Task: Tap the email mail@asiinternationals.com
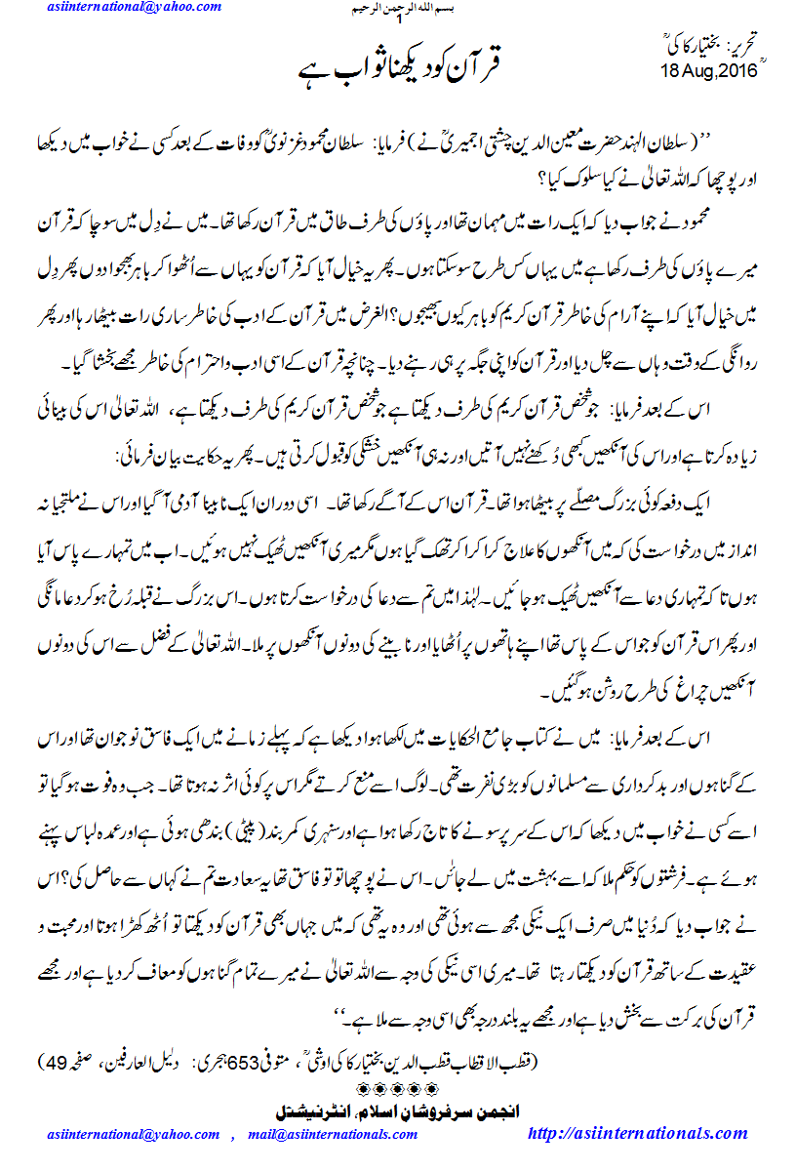pyautogui.click(x=333, y=1136)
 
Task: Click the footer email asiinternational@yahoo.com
pyautogui.click(x=134, y=1136)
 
